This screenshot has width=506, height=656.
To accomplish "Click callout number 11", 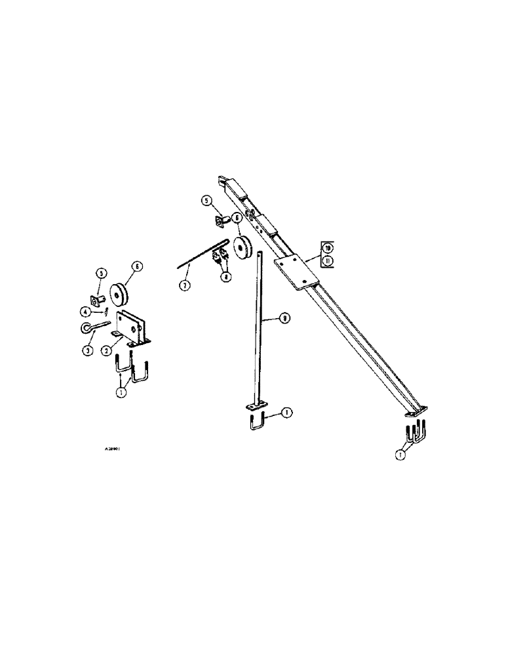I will pyautogui.click(x=328, y=260).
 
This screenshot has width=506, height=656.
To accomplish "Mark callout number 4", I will pyautogui.click(x=85, y=311).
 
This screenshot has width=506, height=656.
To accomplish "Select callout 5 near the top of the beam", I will pyautogui.click(x=206, y=201).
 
